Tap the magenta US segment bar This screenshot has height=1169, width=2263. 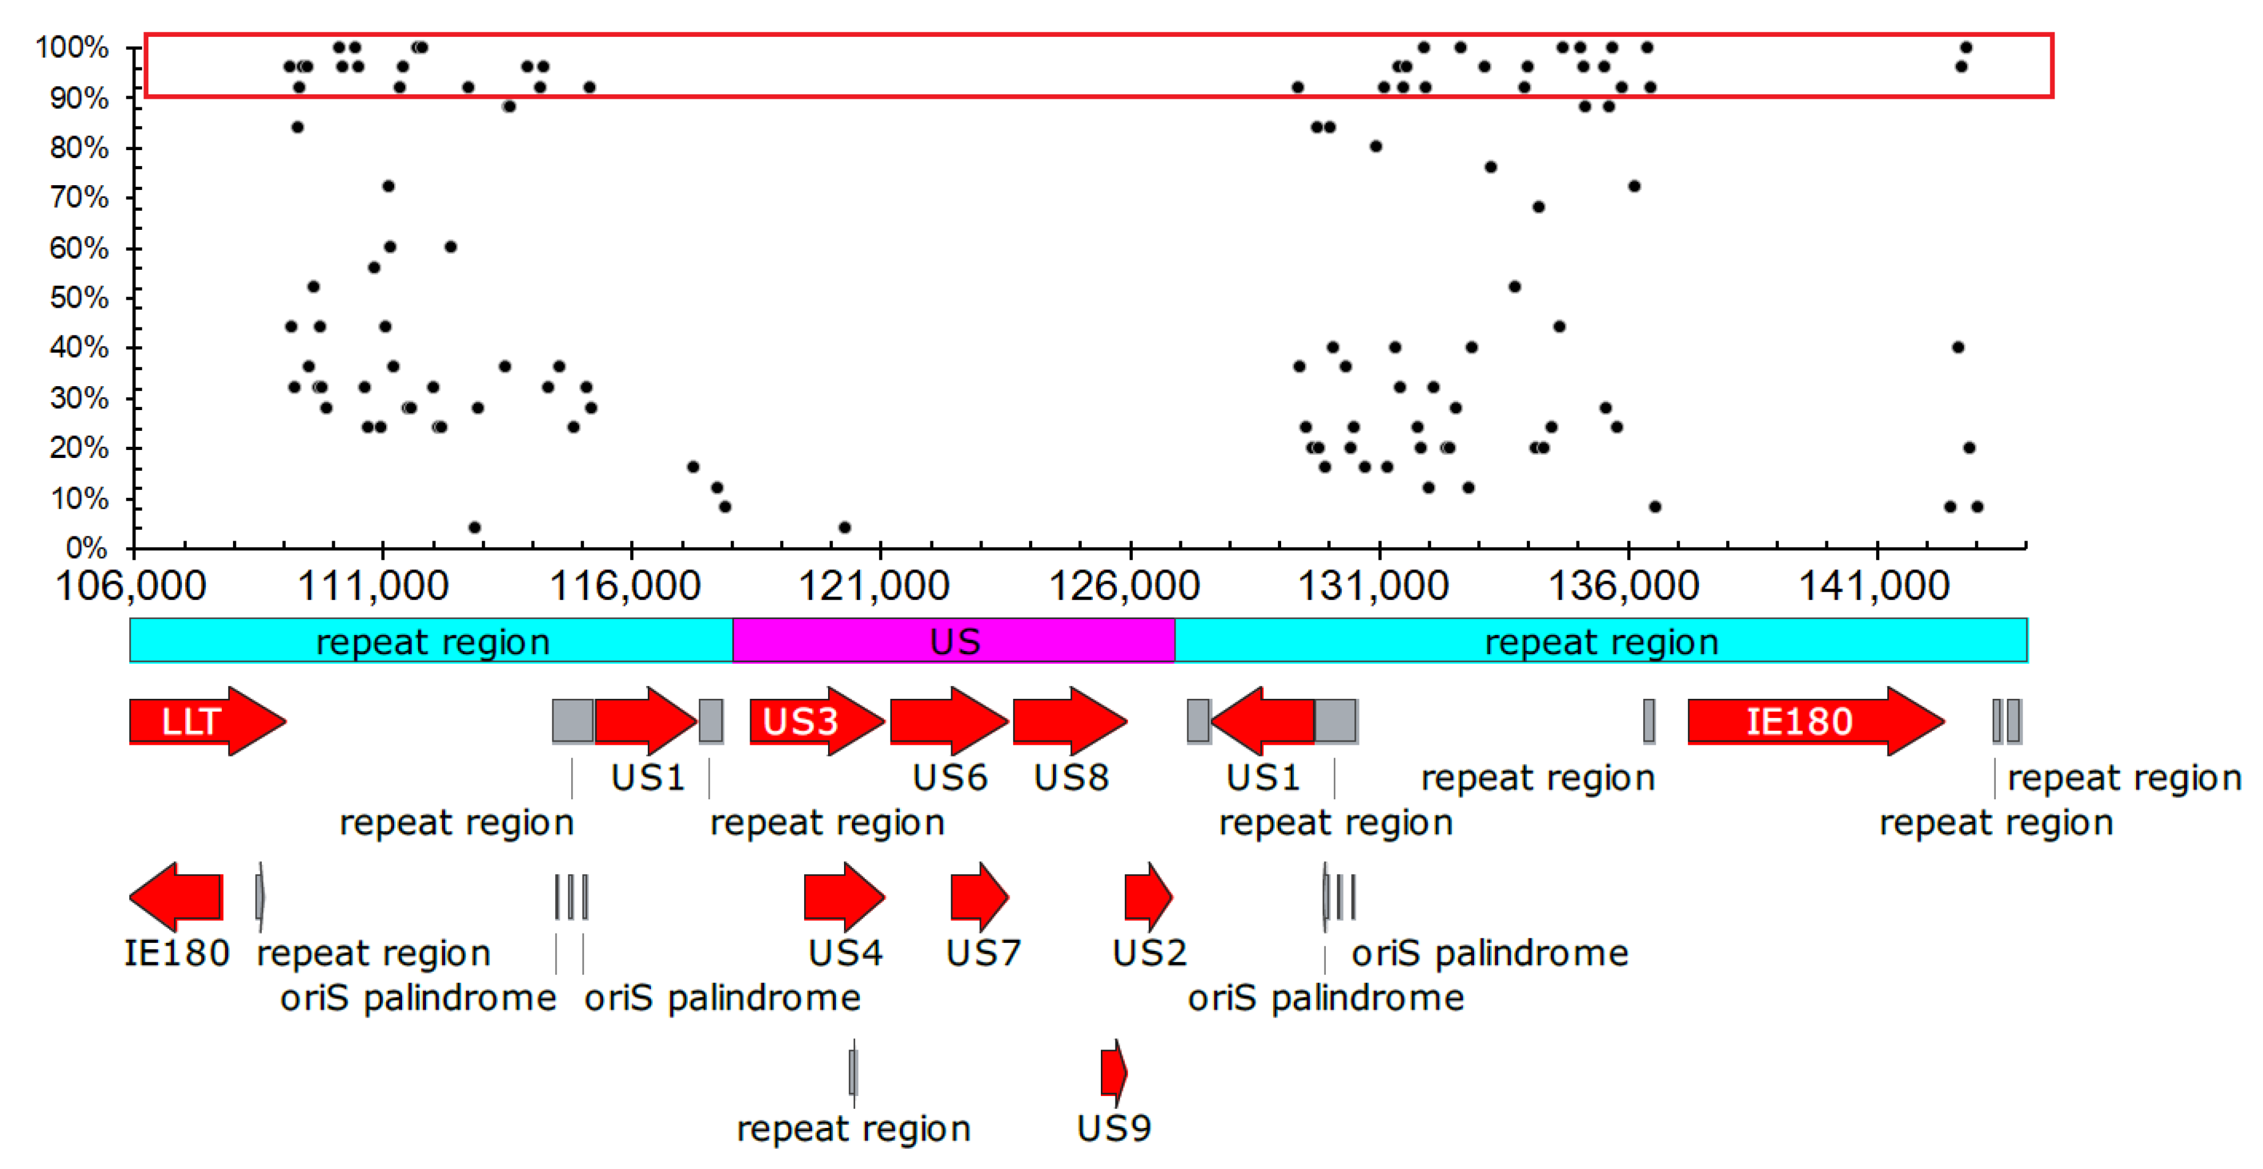953,640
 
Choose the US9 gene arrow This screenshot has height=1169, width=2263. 1113,1072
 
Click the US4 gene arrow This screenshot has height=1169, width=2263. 842,897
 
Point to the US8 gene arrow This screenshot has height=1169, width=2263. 1068,721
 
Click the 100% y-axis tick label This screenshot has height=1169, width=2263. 72,47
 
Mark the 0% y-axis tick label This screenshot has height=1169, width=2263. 86,548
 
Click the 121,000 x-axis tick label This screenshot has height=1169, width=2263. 874,587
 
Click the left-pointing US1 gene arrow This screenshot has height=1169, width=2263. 1263,721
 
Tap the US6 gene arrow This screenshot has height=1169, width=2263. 948,721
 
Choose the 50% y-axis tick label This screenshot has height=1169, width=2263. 79,298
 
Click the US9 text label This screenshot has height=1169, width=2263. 1114,1129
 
